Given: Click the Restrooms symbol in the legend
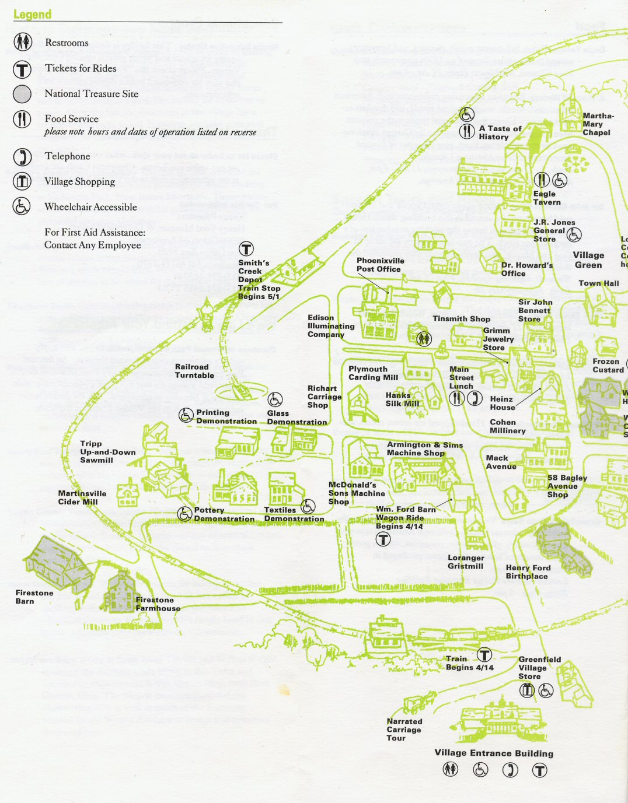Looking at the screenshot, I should coord(22,43).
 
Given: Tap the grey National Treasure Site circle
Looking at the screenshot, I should coord(22,94).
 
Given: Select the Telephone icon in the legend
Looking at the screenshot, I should coord(22,157).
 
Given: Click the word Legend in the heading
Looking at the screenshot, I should coord(33,15).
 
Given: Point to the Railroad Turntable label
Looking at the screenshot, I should coord(194,371).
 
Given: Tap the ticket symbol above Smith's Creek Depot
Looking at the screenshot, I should coord(246,250).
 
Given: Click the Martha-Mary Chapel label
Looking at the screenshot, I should coord(597,124).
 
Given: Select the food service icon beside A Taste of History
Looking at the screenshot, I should coord(466,131).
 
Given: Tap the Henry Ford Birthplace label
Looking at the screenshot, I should coord(528,572).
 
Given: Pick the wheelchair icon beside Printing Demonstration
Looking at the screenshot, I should coord(186,415).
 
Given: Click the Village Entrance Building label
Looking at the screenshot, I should coord(494,753).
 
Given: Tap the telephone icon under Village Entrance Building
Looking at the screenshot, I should coord(510,770).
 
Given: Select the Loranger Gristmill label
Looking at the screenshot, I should coord(466,562).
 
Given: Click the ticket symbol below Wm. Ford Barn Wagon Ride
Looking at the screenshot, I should coord(383,539).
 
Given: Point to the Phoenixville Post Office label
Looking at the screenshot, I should coord(380,265).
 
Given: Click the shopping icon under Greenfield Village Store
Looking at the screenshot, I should coord(527,690).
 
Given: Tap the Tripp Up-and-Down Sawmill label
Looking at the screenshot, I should coord(107,452).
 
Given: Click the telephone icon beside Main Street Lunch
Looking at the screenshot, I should coord(475,398).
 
